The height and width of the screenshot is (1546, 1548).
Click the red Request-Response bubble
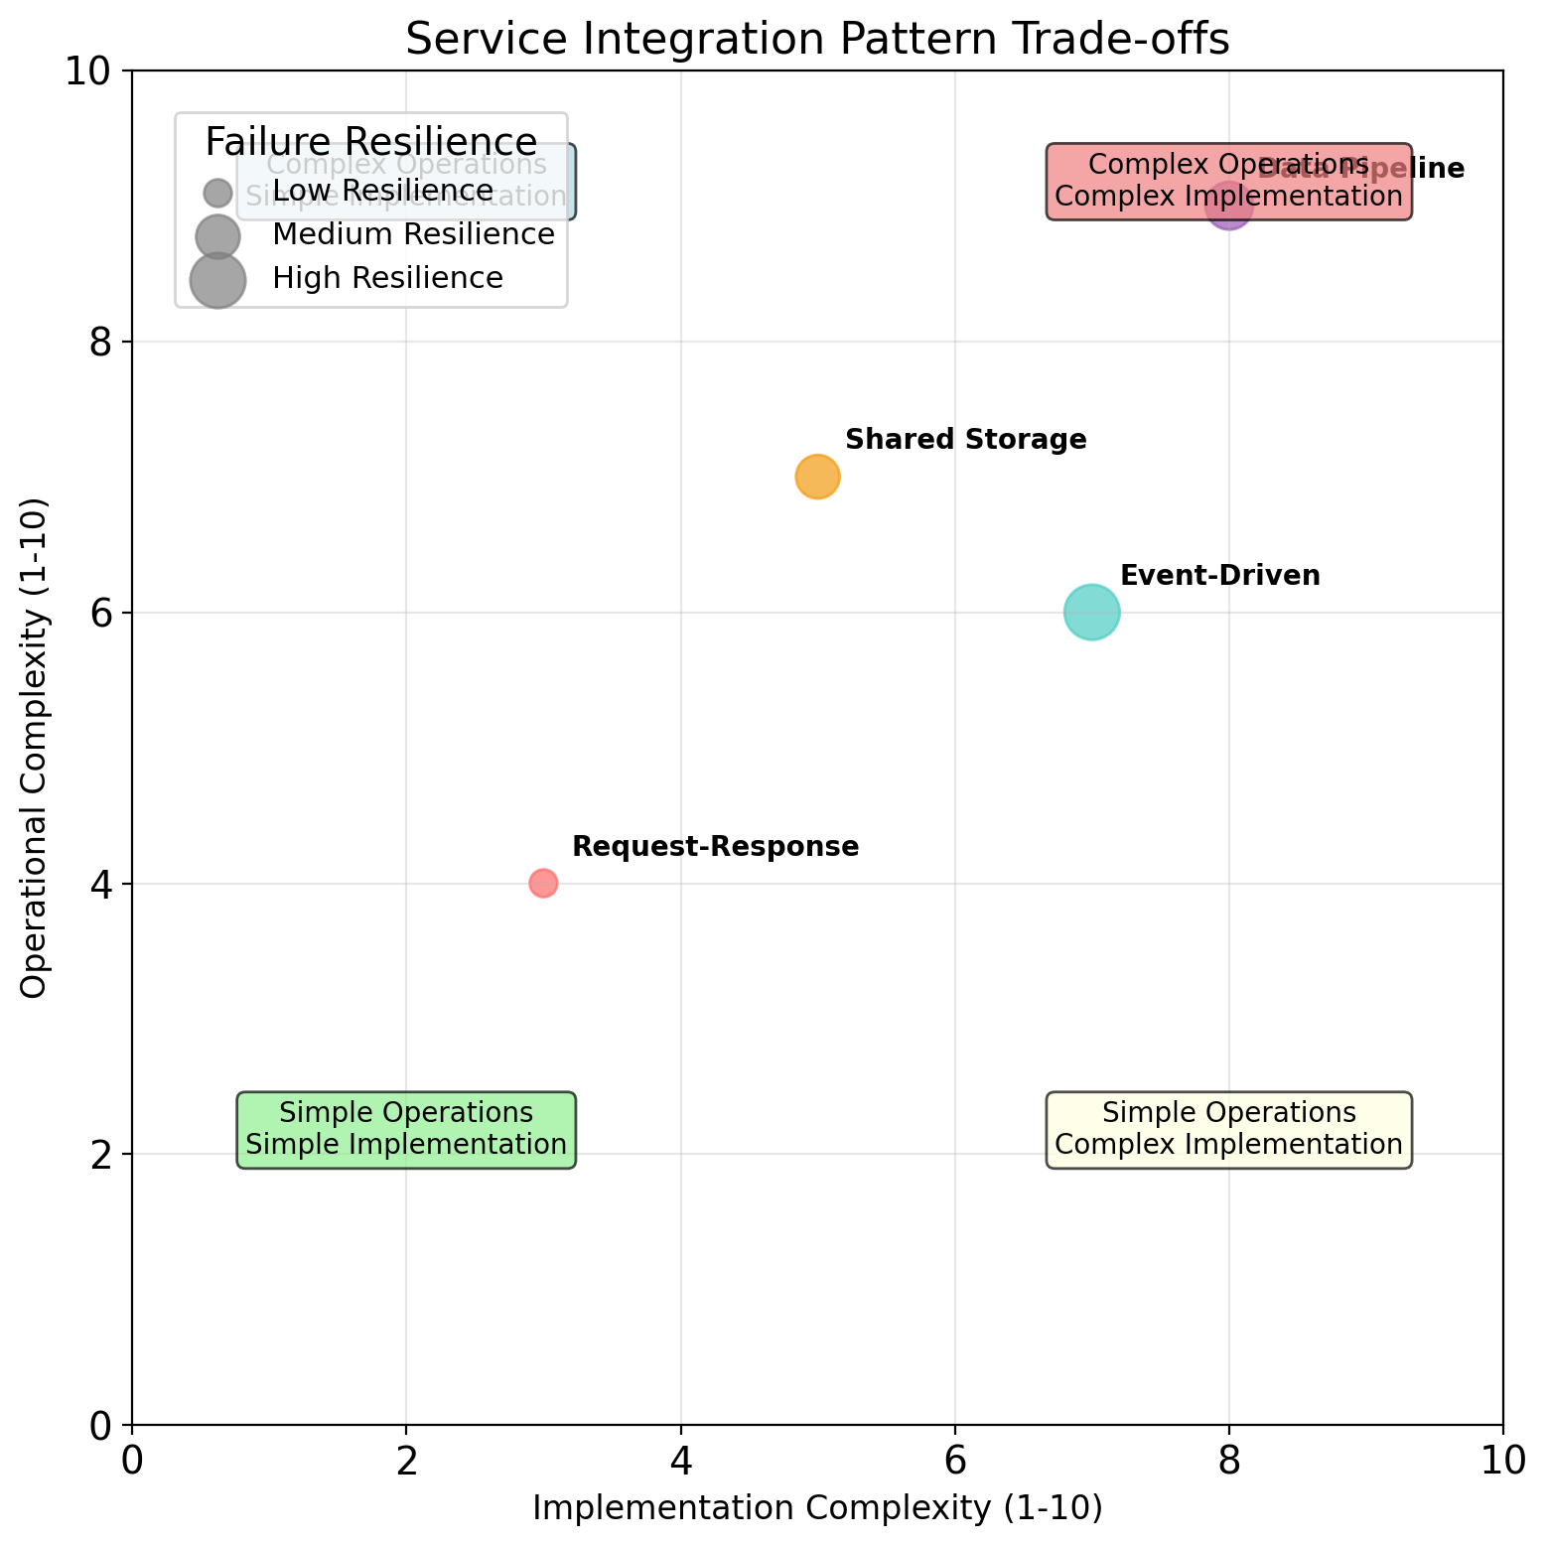[x=543, y=883]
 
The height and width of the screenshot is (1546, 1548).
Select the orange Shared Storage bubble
[x=817, y=477]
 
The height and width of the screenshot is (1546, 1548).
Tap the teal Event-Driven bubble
[x=1091, y=613]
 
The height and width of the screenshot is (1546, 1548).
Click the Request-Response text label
[x=715, y=847]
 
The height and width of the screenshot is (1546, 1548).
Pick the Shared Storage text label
[x=965, y=440]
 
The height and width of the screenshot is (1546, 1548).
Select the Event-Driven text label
[x=1219, y=576]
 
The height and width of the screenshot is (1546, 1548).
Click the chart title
[x=817, y=40]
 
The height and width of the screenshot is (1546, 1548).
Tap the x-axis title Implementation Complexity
[x=817, y=1508]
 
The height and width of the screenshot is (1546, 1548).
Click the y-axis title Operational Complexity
[x=36, y=748]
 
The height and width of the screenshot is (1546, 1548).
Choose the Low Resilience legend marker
[x=217, y=191]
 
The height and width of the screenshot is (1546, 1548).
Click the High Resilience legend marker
[x=217, y=279]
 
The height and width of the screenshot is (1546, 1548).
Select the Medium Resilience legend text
[x=413, y=235]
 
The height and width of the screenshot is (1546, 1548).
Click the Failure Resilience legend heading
[x=371, y=142]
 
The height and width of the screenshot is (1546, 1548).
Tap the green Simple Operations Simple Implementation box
[x=406, y=1130]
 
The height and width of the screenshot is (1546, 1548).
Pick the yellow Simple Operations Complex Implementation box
[x=1228, y=1130]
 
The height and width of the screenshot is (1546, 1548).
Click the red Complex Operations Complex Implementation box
[x=1228, y=182]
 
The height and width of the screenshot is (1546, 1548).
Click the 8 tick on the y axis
[x=96, y=343]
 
